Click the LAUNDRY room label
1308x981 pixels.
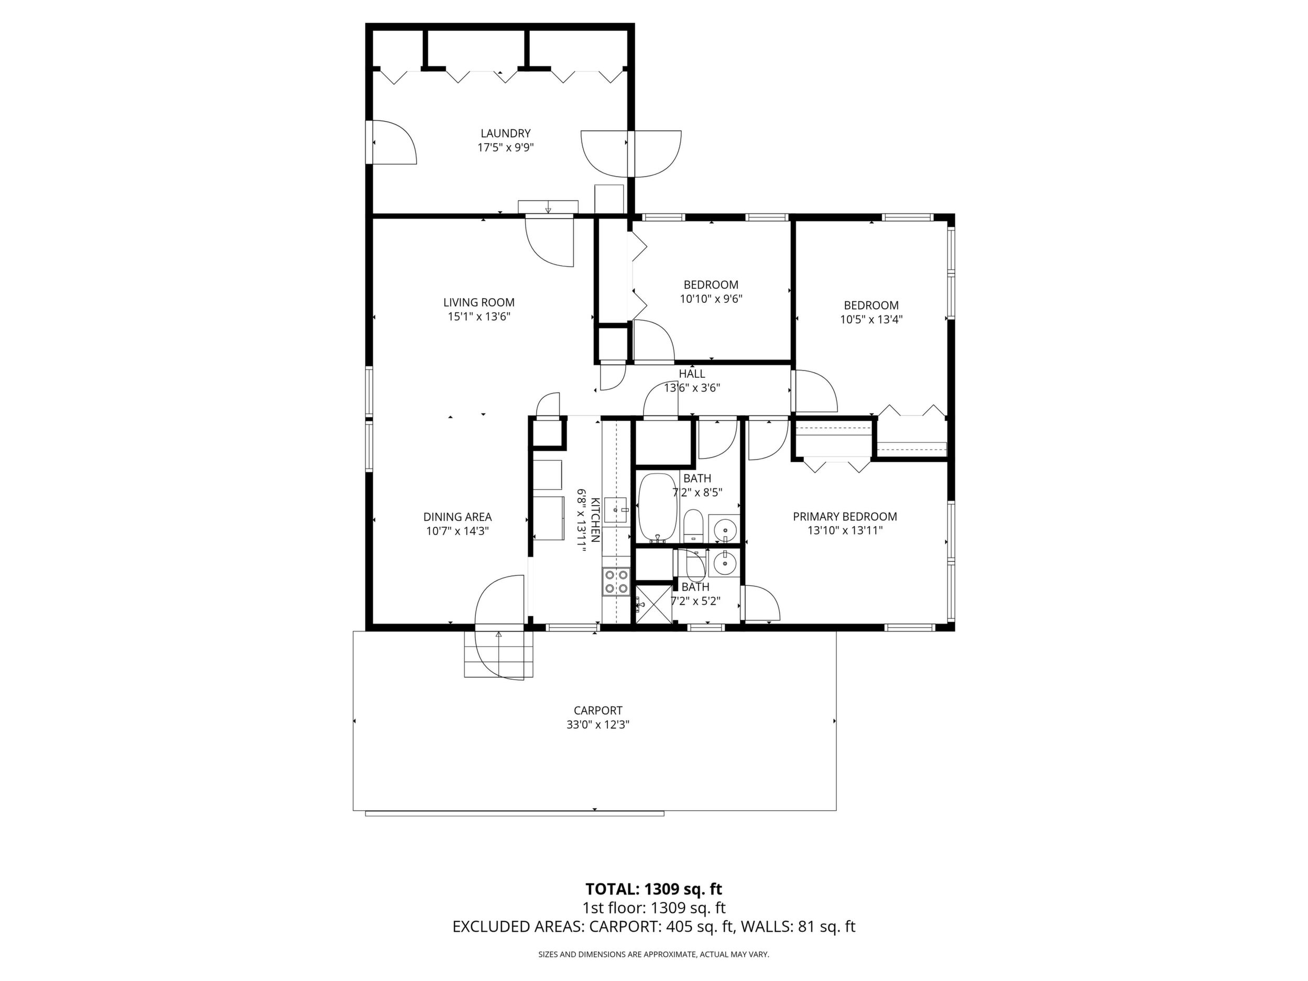pyautogui.click(x=505, y=134)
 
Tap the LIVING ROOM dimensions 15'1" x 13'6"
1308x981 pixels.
pyautogui.click(x=479, y=317)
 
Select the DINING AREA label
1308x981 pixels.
pyautogui.click(x=457, y=517)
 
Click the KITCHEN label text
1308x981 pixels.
pyautogui.click(x=595, y=520)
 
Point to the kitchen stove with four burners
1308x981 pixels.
pyautogui.click(x=616, y=581)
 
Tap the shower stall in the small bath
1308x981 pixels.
pyautogui.click(x=653, y=603)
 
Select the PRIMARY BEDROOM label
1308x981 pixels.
pyautogui.click(x=845, y=517)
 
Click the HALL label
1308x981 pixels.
pyautogui.click(x=692, y=374)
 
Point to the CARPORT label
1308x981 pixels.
pyautogui.click(x=598, y=710)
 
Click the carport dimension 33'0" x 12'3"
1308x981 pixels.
pyautogui.click(x=598, y=725)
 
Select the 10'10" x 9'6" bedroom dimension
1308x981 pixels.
pyautogui.click(x=711, y=299)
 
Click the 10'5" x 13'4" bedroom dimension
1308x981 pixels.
pyautogui.click(x=871, y=320)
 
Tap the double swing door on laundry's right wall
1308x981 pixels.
pyautogui.click(x=631, y=154)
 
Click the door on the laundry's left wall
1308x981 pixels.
pyautogui.click(x=391, y=142)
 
